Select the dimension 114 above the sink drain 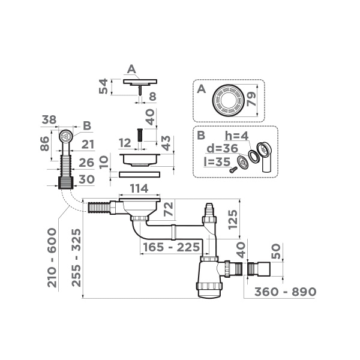pos(139,188)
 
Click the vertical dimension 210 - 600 pos(53,257)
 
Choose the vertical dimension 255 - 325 pos(76,257)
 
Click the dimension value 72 pos(169,209)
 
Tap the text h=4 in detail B pos(239,137)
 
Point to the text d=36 pos(223,149)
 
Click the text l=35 pos(217,161)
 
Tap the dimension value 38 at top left pos(50,120)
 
